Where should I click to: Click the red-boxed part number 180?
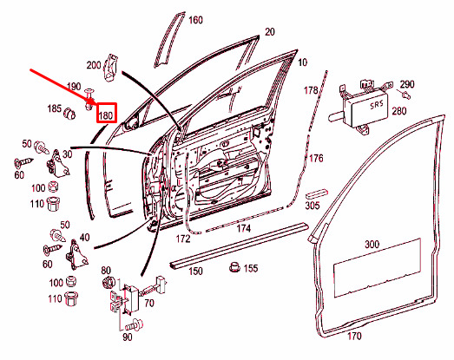pos(106,115)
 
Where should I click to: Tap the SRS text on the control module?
pos(377,104)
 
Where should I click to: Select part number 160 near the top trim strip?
pos(195,20)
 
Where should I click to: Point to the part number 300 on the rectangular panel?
pos(372,245)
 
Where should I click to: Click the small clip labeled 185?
pos(69,113)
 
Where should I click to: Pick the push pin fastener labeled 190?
pos(89,99)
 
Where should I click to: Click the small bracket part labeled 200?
pos(110,68)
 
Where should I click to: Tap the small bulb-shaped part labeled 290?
pos(406,94)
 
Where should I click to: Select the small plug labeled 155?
pos(235,267)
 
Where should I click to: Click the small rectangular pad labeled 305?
pos(317,194)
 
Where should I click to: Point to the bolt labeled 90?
pos(135,324)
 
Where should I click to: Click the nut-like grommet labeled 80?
pos(109,283)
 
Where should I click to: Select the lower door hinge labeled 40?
pos(76,255)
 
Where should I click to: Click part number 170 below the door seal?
pos(354,336)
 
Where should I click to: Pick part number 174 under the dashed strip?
pos(244,229)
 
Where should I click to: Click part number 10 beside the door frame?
pos(302,62)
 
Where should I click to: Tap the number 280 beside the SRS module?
pos(399,111)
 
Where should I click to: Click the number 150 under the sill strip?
pos(195,272)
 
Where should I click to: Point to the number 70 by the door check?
pos(149,304)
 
